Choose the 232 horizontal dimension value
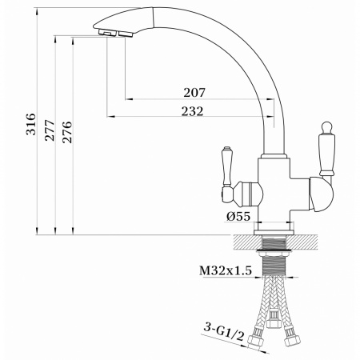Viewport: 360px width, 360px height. tap(191, 111)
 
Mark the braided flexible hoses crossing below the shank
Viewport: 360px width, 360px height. tap(274, 304)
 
